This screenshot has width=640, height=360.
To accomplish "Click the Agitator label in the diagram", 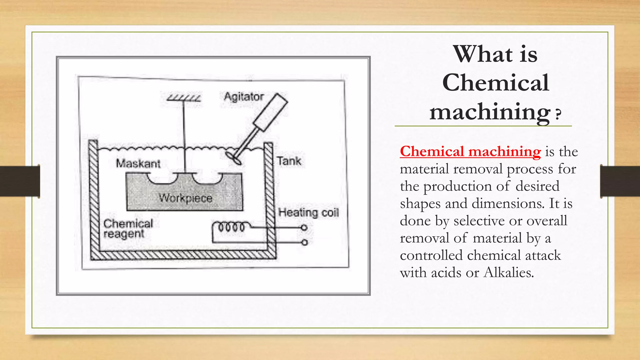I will (244, 97).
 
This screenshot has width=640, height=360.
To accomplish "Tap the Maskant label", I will (138, 163).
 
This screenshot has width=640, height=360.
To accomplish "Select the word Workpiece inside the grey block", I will (185, 198).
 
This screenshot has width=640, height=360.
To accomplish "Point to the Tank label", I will (289, 161).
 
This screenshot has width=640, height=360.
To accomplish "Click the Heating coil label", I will (308, 212).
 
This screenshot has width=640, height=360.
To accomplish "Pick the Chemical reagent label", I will (128, 228).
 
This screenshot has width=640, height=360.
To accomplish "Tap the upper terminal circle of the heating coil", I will (304, 227).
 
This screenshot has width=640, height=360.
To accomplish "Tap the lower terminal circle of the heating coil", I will (304, 242).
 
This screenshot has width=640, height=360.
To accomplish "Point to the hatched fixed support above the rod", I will (183, 98).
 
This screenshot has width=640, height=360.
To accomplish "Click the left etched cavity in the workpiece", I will (162, 178).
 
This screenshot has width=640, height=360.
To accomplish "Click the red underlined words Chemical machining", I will (470, 152).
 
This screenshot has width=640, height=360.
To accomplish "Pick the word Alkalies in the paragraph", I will (508, 272).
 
